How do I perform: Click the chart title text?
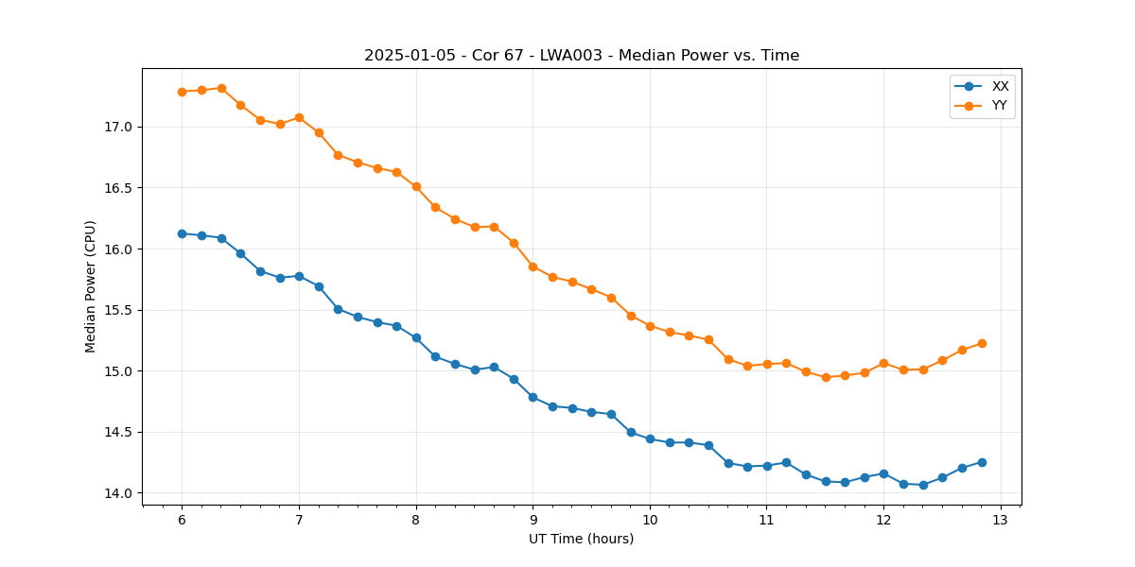pos(582,56)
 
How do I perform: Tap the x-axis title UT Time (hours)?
pos(581,539)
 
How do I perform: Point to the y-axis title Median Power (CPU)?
pos(91,286)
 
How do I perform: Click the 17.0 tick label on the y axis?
pos(117,127)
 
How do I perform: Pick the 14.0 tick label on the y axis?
pos(117,493)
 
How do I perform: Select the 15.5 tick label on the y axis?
pos(117,310)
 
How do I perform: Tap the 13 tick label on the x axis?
pos(1001,521)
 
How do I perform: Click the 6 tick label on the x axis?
pos(182,521)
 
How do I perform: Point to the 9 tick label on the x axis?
pos(533,521)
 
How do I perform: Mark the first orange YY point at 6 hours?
pos(182,92)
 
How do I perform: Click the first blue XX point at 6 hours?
pos(182,233)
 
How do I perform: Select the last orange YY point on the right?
pos(982,343)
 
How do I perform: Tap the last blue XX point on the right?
pos(982,462)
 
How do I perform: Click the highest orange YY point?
pos(221,88)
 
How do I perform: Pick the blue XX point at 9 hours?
pos(533,397)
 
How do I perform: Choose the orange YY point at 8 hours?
pos(416,186)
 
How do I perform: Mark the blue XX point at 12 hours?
pos(883,473)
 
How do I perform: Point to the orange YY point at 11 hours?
pos(767,364)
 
